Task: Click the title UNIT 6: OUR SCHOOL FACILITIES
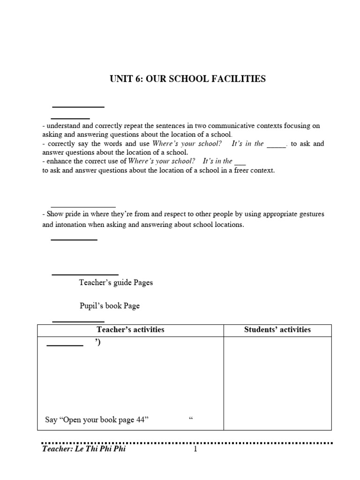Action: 187,79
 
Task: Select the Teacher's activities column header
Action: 130,330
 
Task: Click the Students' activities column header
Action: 277,330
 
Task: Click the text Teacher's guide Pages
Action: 116,283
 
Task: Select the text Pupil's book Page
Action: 109,306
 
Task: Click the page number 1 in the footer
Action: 195,450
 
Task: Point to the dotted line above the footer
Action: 187,442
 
